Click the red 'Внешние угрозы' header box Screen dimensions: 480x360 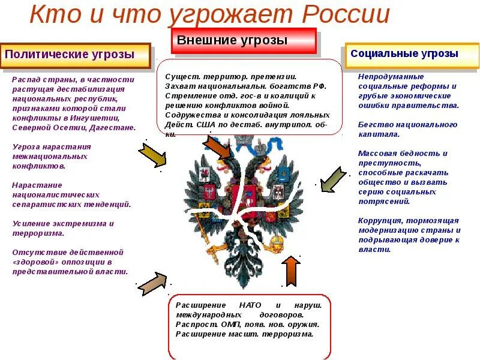coord(244,41)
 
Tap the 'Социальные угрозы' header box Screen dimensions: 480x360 coord(412,55)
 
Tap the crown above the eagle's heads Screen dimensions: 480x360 coord(242,144)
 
